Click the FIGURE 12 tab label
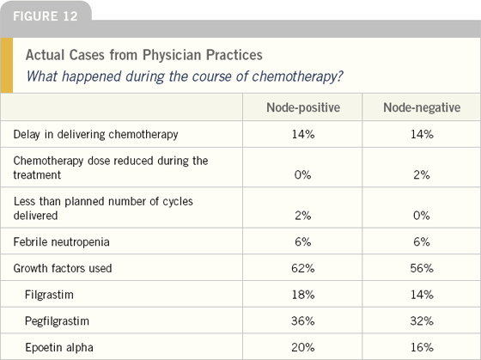click(x=46, y=16)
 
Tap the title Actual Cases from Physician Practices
click(x=144, y=55)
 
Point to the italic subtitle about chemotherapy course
click(x=185, y=76)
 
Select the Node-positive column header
click(x=303, y=107)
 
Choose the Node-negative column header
click(x=422, y=107)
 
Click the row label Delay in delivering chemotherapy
click(x=95, y=134)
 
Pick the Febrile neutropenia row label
click(x=61, y=241)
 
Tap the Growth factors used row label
click(x=63, y=268)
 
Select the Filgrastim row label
click(x=49, y=295)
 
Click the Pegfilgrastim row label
click(x=57, y=321)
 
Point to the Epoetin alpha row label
click(x=59, y=347)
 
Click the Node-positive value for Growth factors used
click(x=303, y=268)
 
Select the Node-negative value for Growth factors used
click(x=422, y=268)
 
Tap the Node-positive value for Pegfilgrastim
click(x=303, y=321)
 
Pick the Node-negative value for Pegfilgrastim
click(x=422, y=321)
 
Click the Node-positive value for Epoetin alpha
click(x=303, y=347)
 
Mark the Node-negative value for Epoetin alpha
click(x=422, y=347)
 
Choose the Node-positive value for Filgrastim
click(x=303, y=295)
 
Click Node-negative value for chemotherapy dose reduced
click(x=422, y=175)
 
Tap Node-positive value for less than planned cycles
click(x=303, y=216)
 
